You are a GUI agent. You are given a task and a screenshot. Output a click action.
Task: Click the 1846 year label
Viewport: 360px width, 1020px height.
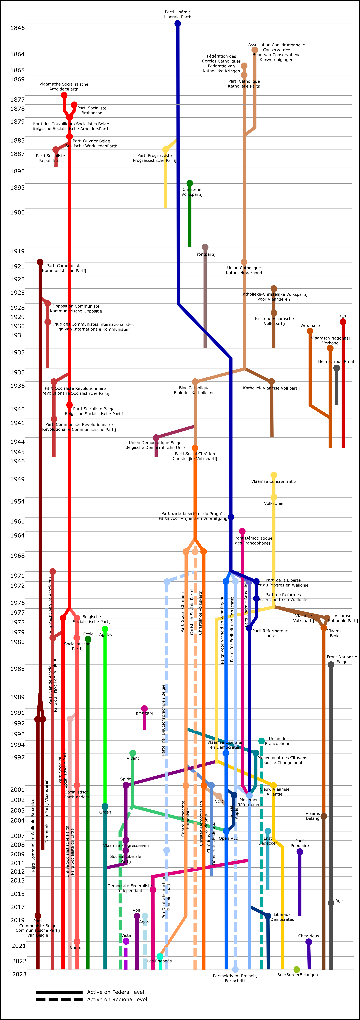pos(17,28)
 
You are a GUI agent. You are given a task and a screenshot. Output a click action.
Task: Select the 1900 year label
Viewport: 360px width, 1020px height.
pos(17,212)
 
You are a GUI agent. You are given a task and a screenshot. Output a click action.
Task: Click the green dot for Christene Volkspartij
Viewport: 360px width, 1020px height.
pos(190,183)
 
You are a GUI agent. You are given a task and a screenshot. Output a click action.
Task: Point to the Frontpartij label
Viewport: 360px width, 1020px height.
pos(205,254)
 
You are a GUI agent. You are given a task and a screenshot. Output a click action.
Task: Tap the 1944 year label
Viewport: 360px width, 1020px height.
pos(17,442)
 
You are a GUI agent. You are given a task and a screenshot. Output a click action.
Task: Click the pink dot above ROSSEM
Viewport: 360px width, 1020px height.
pos(144,709)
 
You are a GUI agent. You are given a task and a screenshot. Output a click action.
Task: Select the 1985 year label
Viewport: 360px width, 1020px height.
pos(17,669)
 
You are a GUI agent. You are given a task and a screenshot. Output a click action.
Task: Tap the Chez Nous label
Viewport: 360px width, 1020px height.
pos(308,936)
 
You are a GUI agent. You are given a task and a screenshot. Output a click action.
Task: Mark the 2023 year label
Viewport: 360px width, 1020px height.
pos(19,974)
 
